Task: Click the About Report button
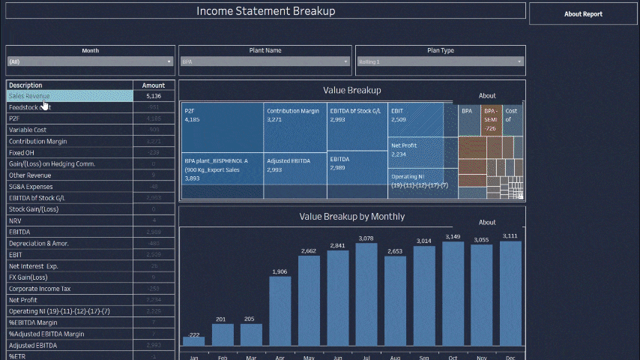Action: tap(582, 13)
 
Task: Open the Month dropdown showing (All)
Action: tap(90, 61)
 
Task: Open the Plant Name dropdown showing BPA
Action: tap(265, 61)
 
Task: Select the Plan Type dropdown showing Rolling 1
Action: tap(440, 61)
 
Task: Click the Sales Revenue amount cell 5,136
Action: tap(154, 96)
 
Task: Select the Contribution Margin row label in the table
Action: tap(38, 141)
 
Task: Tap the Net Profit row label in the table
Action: tap(23, 299)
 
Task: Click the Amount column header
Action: tap(154, 85)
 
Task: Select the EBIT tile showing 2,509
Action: tap(414, 120)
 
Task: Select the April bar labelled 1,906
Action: tap(280, 311)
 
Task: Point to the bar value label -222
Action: tap(193, 334)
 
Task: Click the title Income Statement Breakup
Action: tap(265, 11)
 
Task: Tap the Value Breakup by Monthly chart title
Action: tap(351, 217)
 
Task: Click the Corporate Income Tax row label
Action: tap(40, 288)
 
